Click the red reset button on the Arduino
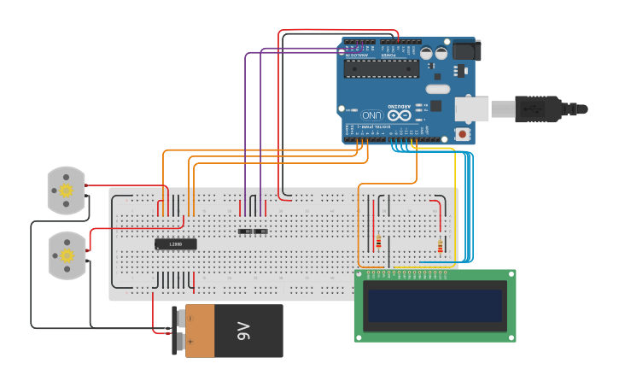pos(462,134)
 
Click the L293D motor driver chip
pos(176,244)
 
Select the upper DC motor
pos(66,189)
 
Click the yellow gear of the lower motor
pos(67,255)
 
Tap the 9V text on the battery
pos(243,331)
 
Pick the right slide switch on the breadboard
pos(261,232)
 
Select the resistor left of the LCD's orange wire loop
pos(378,242)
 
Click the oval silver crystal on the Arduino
pos(437,89)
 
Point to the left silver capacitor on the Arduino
pos(425,53)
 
